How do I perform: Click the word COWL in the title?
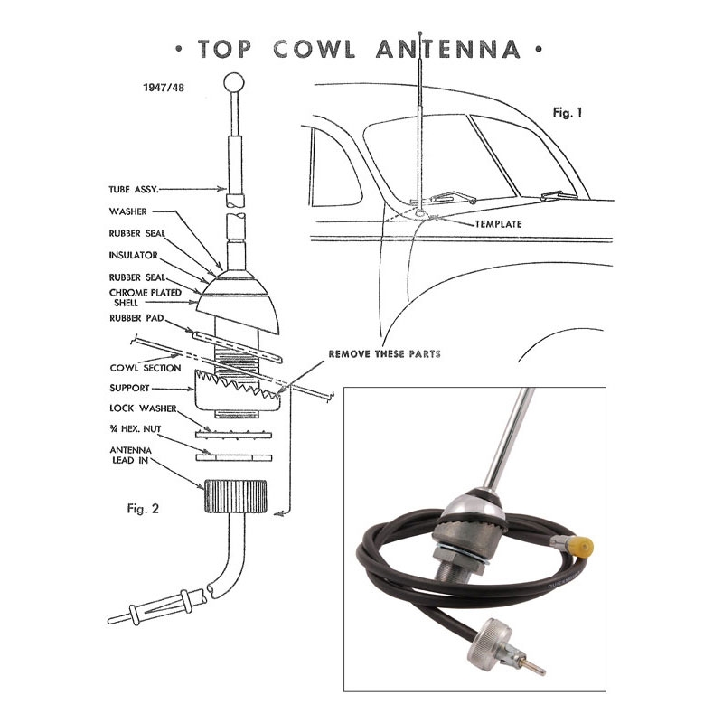[x=314, y=49]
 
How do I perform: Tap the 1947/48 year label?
[x=164, y=87]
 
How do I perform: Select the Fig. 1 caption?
[x=568, y=112]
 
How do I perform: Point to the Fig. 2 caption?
[x=143, y=508]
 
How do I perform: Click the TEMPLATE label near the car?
[x=499, y=224]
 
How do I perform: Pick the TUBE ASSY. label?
[x=134, y=189]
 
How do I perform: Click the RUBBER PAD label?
[x=136, y=318]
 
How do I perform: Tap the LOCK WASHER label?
[x=143, y=408]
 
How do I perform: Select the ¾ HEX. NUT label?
[x=136, y=428]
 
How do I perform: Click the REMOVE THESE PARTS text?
[x=385, y=353]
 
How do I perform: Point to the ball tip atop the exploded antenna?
[x=234, y=82]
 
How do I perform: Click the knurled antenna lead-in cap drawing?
[x=235, y=496]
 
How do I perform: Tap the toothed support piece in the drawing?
[x=238, y=390]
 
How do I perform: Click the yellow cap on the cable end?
[x=582, y=548]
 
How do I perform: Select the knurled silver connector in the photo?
[x=489, y=639]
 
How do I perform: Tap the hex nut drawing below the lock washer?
[x=234, y=458]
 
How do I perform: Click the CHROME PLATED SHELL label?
[x=145, y=297]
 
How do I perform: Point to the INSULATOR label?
[x=133, y=255]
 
